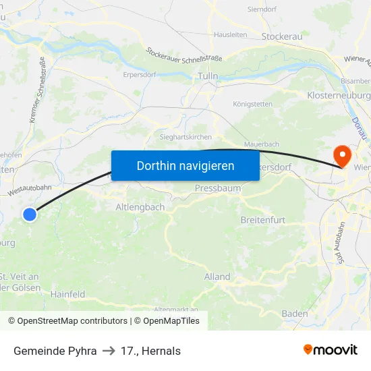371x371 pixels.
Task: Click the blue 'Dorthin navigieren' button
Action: coord(185,165)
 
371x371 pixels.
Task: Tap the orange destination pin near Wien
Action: coord(343,156)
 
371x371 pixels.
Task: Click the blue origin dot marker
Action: coord(30,215)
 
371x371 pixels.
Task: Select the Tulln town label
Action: coord(207,77)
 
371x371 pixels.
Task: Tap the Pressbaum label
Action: coord(218,188)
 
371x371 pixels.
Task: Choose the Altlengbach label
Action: coord(140,207)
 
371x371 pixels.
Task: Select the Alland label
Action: coord(217,277)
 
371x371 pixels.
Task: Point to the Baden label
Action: coord(295,314)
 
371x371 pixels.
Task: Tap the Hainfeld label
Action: coord(67,294)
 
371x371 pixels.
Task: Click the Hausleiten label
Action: coord(230,34)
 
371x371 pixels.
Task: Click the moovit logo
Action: coord(331,350)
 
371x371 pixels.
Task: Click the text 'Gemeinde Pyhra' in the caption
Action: coord(55,351)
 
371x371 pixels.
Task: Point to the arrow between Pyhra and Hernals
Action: coord(109,351)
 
